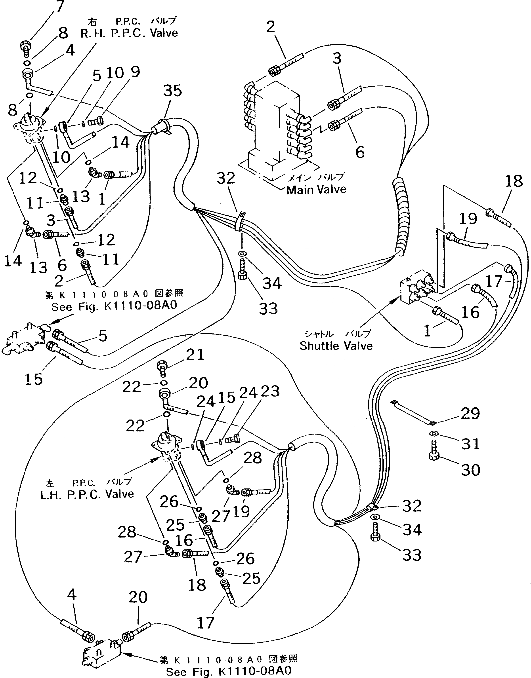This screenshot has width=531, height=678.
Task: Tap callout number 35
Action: pos(173,91)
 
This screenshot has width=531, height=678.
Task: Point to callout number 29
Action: pos(470,414)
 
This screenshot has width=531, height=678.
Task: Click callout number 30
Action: pos(470,470)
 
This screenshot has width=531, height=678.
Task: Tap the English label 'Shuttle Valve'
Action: pos(336,346)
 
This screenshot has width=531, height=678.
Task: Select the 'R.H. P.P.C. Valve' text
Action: pos(129,33)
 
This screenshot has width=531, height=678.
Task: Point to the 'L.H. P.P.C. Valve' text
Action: pos(87,494)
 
